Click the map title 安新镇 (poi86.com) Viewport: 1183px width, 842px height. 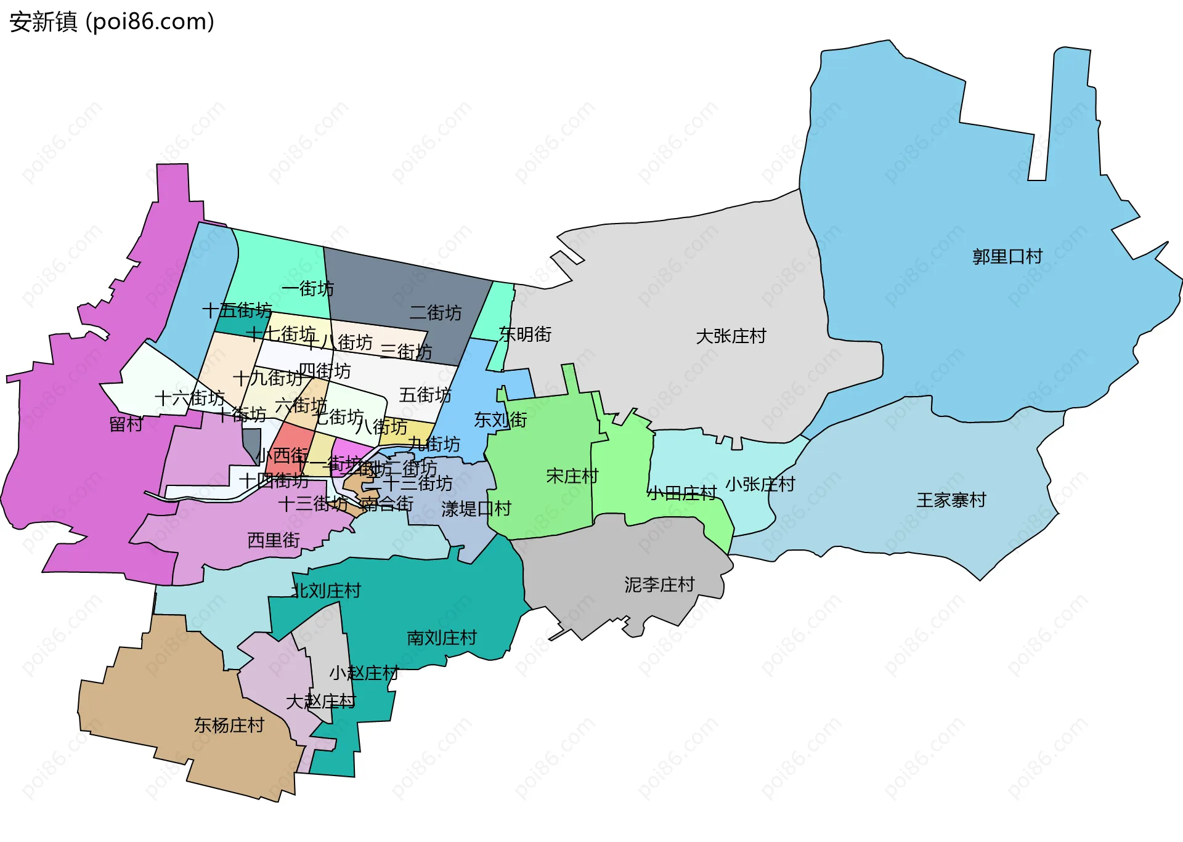click(x=112, y=22)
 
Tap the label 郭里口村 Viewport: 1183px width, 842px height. click(x=1007, y=256)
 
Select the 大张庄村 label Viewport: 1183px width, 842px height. click(x=731, y=336)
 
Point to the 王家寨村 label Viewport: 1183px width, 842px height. click(x=951, y=500)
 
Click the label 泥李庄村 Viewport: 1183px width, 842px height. click(x=659, y=584)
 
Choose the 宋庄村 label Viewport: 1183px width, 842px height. click(x=572, y=476)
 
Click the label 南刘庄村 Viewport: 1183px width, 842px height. click(x=442, y=638)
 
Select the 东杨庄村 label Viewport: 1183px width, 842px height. click(x=229, y=725)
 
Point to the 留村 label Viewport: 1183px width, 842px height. click(x=126, y=424)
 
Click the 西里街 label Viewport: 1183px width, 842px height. click(x=273, y=540)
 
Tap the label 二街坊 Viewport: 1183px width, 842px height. click(x=435, y=312)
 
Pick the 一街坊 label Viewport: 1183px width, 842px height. click(x=307, y=288)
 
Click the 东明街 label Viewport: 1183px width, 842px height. click(x=525, y=334)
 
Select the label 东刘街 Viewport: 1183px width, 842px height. click(x=500, y=419)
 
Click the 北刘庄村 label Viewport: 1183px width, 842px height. click(x=327, y=591)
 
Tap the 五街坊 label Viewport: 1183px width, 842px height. click(x=425, y=394)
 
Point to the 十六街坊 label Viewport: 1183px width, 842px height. click(x=189, y=398)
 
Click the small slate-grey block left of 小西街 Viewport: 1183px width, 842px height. click(x=251, y=443)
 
